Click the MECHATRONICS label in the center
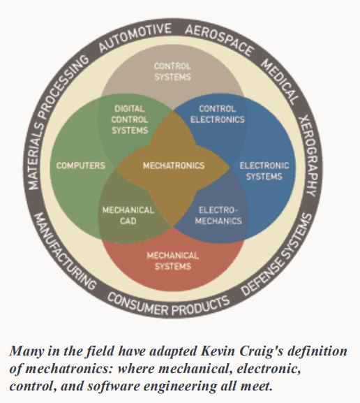coord(174,166)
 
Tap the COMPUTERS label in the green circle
coord(81,166)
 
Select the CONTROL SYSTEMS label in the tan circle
coord(172,71)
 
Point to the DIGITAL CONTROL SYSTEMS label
coord(130,119)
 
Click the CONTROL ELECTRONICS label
coord(218,114)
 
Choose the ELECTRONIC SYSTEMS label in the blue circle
coord(264,171)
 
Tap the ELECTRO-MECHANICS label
coord(218,215)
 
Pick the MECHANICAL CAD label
coord(128,215)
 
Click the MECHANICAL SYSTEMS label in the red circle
coord(173,261)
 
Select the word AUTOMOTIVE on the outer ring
coord(134,38)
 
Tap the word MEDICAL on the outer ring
coord(280,82)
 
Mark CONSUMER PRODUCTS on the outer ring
coord(168,305)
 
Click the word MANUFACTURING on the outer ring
coord(65,251)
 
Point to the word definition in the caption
coord(317,351)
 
